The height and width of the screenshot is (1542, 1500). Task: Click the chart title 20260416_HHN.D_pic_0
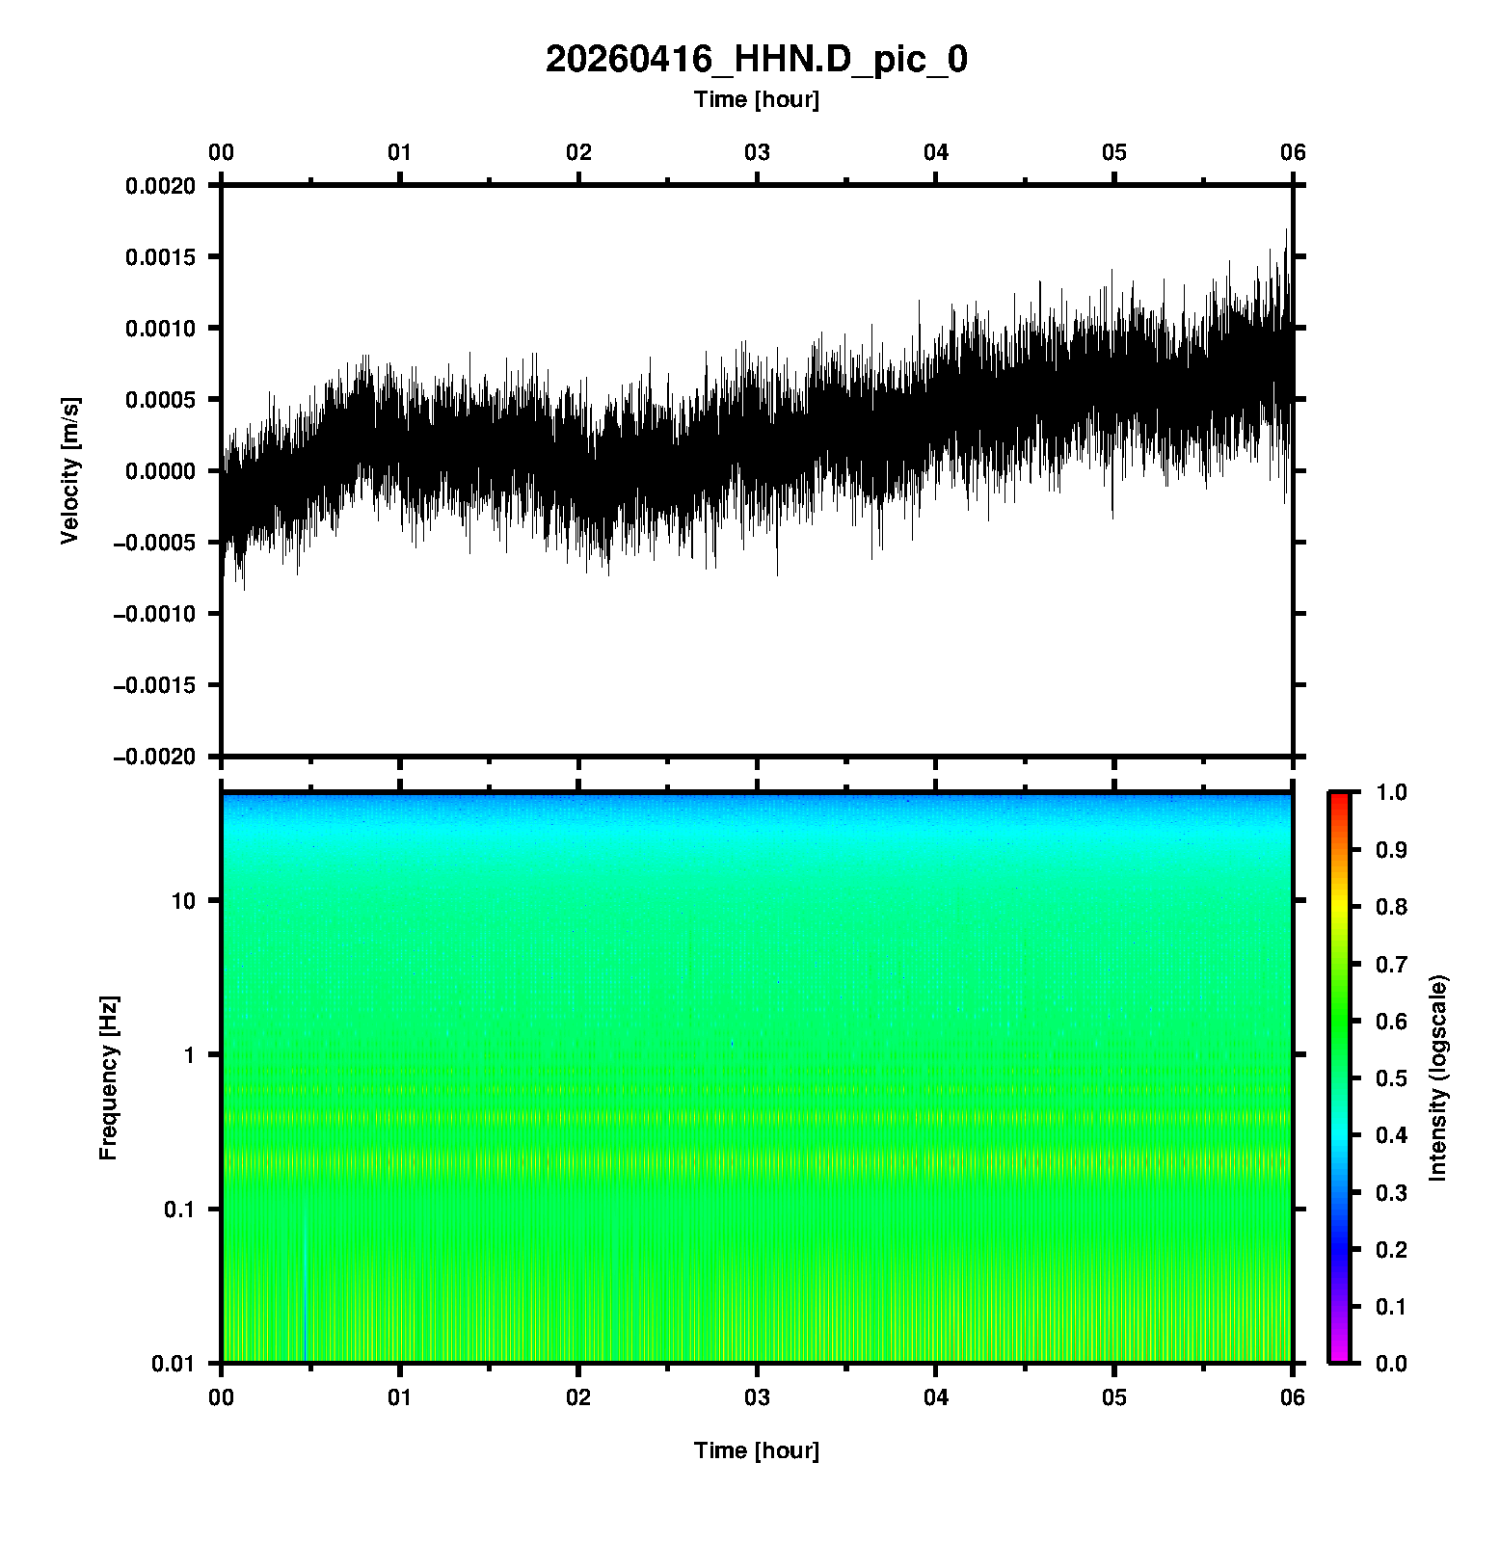point(756,60)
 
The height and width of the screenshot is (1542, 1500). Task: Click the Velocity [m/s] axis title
point(69,470)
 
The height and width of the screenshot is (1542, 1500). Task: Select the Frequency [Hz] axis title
point(108,1077)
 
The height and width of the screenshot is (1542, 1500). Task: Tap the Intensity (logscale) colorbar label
point(1438,1077)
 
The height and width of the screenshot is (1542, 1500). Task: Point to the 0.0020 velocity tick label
point(160,185)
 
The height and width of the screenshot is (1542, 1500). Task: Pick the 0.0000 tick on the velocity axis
point(160,471)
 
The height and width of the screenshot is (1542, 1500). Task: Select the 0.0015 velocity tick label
point(160,256)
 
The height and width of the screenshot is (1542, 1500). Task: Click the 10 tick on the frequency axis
point(183,901)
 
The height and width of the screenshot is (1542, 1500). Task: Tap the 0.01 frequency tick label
point(174,1363)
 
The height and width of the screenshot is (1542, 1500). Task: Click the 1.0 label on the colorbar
point(1392,792)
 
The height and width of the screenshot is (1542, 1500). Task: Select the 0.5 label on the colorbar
point(1392,1078)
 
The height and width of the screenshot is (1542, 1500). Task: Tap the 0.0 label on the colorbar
point(1392,1363)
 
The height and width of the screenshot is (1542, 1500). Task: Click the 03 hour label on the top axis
point(757,152)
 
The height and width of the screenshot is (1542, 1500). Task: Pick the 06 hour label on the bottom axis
point(1293,1397)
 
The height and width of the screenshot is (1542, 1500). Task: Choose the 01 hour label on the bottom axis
point(400,1397)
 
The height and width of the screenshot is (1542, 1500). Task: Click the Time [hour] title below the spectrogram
point(756,1450)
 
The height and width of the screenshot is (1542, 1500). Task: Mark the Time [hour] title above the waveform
point(756,99)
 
